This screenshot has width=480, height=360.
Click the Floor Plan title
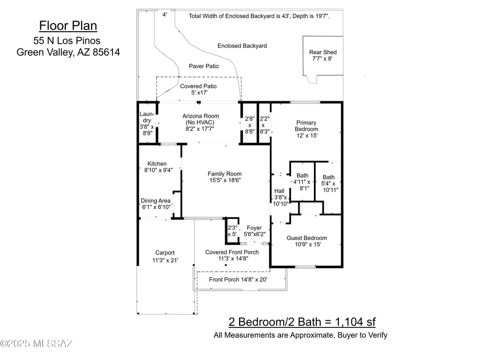(68, 26)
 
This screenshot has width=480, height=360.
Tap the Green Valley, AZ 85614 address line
(68, 52)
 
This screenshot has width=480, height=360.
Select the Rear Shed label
(323, 52)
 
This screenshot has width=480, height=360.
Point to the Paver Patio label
(204, 66)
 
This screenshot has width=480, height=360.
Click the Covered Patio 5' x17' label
(198, 89)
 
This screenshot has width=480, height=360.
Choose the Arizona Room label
(201, 116)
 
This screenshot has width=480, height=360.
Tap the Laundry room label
(147, 117)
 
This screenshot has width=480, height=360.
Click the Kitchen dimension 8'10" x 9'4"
(158, 170)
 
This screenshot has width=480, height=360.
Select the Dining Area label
(156, 201)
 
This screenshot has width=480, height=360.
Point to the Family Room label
(225, 174)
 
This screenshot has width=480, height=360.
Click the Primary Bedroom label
(306, 126)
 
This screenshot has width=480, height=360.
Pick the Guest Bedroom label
(307, 238)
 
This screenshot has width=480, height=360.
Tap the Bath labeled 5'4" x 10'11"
(329, 183)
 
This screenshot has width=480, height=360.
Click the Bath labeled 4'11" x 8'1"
(302, 182)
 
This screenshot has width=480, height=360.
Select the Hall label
(279, 191)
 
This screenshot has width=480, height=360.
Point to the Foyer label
(254, 228)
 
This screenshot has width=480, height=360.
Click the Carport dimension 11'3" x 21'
(165, 261)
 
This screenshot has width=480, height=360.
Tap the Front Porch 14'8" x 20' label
(238, 279)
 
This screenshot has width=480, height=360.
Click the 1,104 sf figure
(355, 322)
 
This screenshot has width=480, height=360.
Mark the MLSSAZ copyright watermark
(36, 344)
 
